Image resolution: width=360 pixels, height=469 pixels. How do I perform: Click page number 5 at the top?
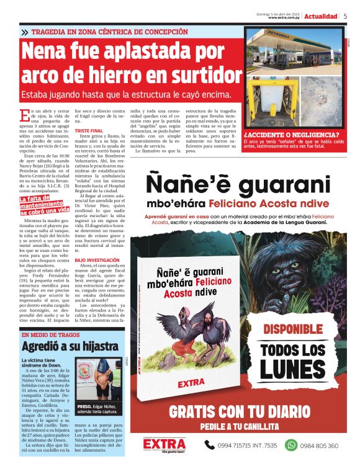(345, 16)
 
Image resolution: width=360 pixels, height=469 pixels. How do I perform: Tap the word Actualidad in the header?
(320, 16)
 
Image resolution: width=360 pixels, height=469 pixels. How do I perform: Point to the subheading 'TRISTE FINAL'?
(89, 132)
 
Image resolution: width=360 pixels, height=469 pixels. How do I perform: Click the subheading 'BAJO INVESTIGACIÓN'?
(97, 261)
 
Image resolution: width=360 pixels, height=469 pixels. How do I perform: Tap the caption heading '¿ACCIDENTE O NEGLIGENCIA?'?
(291, 135)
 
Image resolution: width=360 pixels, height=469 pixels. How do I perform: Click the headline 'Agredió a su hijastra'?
(70, 346)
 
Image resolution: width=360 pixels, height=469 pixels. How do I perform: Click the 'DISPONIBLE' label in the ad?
(297, 328)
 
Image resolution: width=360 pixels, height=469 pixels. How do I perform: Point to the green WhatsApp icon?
(290, 445)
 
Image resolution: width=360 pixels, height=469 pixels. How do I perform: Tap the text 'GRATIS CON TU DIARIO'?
(240, 411)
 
